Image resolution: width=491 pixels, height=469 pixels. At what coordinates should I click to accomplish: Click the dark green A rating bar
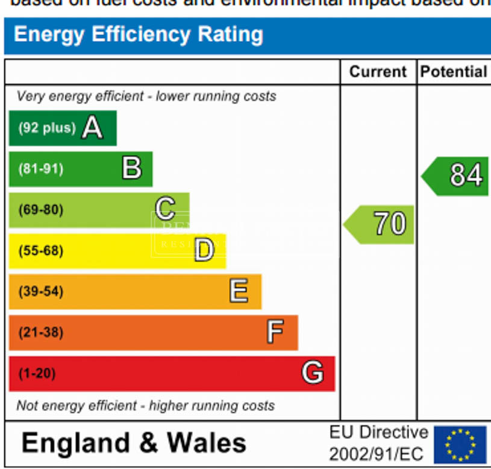pos(62,128)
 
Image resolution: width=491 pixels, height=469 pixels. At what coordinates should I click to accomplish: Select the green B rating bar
pos(80,169)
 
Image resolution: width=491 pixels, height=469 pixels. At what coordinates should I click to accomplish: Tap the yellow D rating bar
pos(117,251)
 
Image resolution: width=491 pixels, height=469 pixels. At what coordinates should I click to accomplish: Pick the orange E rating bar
pos(135,292)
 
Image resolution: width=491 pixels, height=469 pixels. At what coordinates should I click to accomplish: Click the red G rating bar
pos(171,374)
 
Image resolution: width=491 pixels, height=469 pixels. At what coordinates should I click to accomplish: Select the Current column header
pos(378,72)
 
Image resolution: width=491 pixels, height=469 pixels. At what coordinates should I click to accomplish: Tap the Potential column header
pos(453,72)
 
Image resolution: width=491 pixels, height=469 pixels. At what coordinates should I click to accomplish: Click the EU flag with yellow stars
pos(460,444)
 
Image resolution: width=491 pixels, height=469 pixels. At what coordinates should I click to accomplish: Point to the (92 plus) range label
pos(47,128)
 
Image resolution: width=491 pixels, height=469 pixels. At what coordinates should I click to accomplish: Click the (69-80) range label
pos(41,210)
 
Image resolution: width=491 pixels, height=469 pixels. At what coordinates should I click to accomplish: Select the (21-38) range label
pos(41,333)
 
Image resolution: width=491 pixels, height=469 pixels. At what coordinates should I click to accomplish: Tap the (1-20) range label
pos(37,374)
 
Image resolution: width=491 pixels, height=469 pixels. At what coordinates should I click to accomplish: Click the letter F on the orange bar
pos(275,332)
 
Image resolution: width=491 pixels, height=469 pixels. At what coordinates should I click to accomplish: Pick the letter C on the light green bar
pos(165,209)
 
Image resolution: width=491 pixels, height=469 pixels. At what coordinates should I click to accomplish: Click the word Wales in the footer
pos(207,443)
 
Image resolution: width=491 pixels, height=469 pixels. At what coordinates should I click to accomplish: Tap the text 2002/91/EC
pos(376,453)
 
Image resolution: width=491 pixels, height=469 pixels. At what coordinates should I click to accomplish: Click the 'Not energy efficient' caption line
pos(145,406)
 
